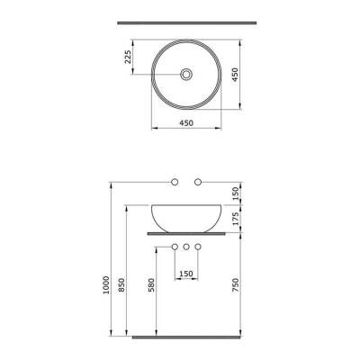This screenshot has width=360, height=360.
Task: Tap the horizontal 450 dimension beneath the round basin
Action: [x=184, y=123]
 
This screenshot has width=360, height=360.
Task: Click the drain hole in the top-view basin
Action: [x=184, y=75]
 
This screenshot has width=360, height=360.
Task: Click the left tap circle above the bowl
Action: [x=173, y=183]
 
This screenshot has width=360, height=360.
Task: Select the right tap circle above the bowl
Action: [x=198, y=183]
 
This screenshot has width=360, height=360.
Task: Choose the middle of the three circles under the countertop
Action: [x=185, y=246]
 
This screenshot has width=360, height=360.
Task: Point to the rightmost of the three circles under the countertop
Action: [x=198, y=246]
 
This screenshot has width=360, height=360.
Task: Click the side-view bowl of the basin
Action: [x=184, y=216]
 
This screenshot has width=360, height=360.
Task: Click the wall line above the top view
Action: [x=184, y=22]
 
